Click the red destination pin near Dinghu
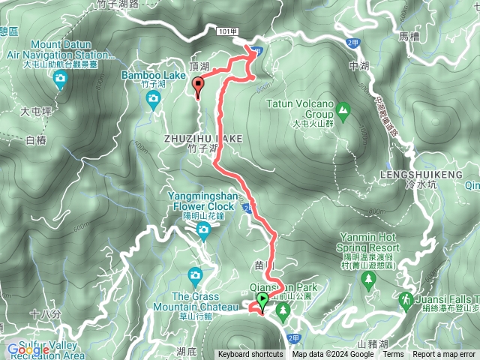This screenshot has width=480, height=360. point(198,88)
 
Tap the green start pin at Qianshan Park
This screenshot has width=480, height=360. point(262,301)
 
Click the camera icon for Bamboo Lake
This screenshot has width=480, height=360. point(153,97)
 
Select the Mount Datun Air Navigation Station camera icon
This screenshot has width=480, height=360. point(60,78)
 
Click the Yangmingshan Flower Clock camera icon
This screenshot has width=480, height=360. point(203,232)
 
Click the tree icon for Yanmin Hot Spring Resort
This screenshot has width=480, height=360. point(367,280)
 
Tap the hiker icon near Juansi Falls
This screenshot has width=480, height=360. point(406,299)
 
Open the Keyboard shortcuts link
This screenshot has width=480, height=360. point(250,355)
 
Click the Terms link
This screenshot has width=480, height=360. point(393,355)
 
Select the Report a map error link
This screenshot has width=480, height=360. point(444,355)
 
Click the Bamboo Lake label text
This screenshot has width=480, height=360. point(153,75)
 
